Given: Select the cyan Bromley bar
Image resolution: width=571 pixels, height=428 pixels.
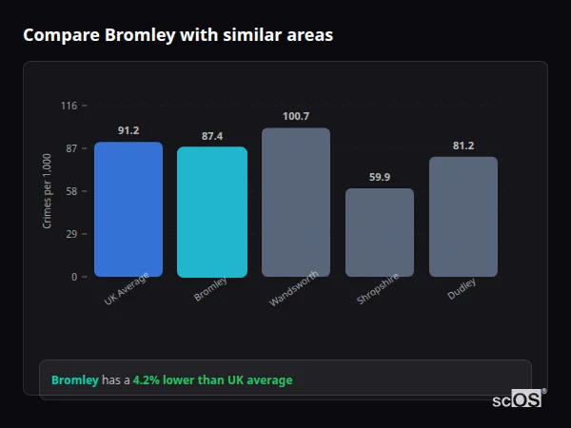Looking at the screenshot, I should (212, 212).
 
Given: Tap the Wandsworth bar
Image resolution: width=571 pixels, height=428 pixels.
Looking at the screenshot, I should (296, 203).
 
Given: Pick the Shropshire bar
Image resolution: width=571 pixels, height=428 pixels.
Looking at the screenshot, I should (380, 233).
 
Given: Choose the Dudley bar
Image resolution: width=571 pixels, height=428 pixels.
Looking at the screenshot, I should (463, 217).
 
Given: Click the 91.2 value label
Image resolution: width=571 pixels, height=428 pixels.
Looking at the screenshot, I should (128, 130).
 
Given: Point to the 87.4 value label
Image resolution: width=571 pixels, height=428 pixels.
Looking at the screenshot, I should (212, 136).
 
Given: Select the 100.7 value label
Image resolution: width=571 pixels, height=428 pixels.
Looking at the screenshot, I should (296, 116).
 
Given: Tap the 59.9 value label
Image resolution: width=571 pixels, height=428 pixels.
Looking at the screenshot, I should (380, 177).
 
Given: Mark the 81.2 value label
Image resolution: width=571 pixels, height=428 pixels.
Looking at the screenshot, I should (463, 146).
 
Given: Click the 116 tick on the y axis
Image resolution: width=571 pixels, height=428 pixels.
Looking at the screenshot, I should (69, 106).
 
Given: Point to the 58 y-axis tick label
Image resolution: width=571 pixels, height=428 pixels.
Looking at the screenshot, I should (70, 191).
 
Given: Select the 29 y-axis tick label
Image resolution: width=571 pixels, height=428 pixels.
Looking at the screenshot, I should (70, 234).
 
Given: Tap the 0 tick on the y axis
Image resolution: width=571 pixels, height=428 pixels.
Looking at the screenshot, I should (73, 277).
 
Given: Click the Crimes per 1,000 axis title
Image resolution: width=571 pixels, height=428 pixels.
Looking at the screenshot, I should (48, 191).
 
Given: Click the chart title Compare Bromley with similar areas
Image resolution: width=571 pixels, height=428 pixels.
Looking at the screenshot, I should (178, 35).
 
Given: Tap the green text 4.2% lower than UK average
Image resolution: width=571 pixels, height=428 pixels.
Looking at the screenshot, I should (212, 380).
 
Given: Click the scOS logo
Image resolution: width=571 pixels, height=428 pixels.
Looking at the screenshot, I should (518, 400).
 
